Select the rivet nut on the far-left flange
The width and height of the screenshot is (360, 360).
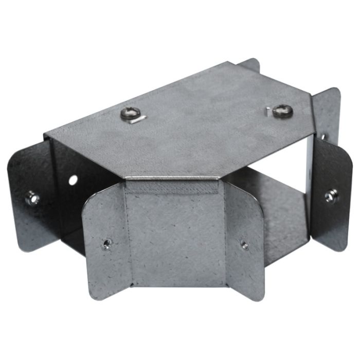[32, 198]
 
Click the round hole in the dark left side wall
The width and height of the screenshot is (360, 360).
[74, 181]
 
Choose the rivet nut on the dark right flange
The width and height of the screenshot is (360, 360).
[329, 196]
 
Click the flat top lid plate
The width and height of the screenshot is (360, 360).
[195, 123]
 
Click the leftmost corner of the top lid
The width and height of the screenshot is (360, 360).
[45, 136]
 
